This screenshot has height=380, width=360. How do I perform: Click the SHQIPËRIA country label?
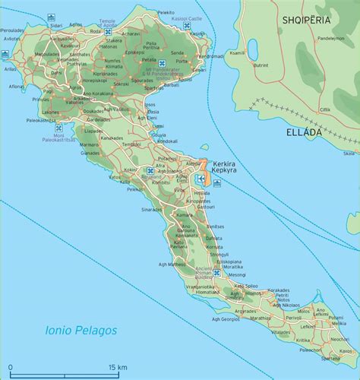click(x=310, y=21)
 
